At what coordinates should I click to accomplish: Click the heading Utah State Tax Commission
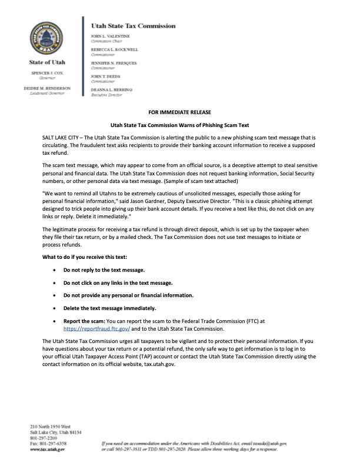coord(132,26)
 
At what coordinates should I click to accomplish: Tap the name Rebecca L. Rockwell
coord(114,49)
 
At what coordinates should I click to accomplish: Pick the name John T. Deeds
coord(105,76)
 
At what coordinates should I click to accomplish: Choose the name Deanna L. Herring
coord(112,89)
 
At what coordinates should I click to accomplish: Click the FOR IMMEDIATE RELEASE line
coord(180,111)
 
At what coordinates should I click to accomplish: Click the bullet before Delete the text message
coord(55,308)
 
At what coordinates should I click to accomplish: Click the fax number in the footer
coord(52,443)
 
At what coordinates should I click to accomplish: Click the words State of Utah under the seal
coord(46,62)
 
